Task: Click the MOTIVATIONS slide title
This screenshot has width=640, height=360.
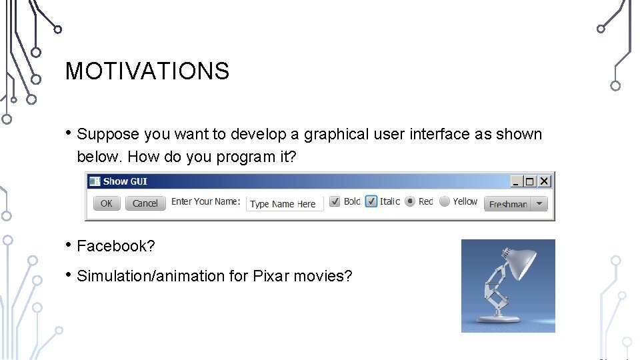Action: (x=147, y=71)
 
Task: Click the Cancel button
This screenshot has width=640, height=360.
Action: (x=145, y=203)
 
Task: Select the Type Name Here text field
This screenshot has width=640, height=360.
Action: (x=285, y=204)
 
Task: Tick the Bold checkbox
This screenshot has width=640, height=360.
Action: (x=335, y=201)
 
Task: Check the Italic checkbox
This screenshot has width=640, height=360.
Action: (x=371, y=201)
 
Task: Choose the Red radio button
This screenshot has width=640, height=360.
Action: (x=410, y=201)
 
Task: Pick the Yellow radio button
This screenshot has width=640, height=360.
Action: (x=444, y=201)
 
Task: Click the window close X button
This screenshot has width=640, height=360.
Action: (x=545, y=181)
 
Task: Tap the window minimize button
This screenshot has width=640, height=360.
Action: (x=516, y=181)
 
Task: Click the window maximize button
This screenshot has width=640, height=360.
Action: (x=530, y=181)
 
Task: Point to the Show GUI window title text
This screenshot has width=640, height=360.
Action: (x=125, y=181)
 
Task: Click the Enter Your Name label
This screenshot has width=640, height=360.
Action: (x=205, y=201)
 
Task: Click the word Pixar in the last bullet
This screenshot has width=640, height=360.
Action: (x=271, y=276)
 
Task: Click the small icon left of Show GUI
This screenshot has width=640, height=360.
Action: (x=94, y=181)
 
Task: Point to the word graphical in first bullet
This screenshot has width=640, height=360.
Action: (x=336, y=134)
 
